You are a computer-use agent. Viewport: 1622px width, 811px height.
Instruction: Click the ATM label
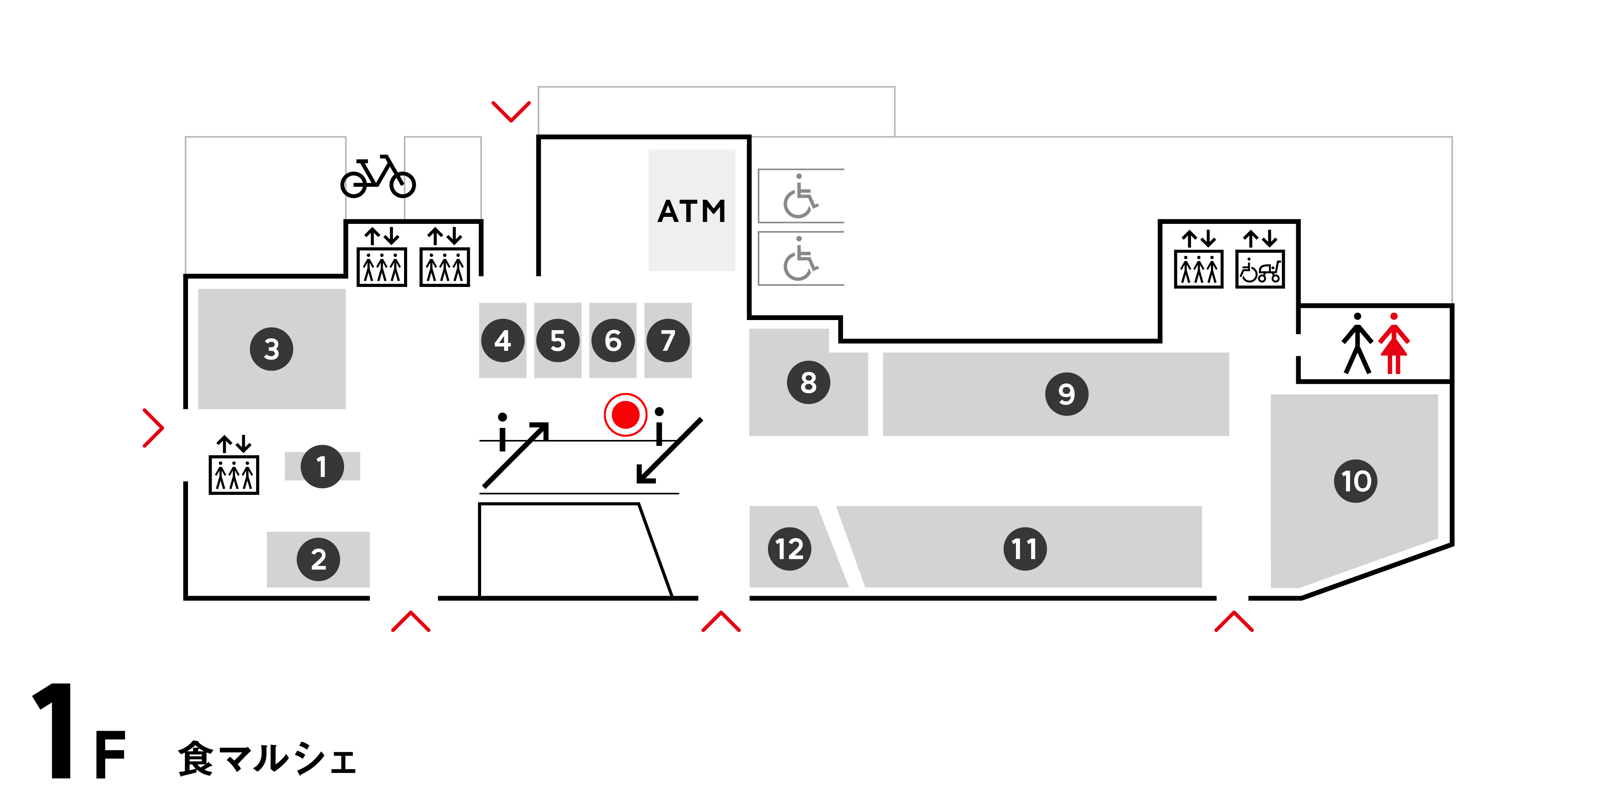click(691, 211)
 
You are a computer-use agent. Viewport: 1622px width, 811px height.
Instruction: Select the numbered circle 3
click(271, 349)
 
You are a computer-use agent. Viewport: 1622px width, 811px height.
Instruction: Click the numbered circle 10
click(1355, 481)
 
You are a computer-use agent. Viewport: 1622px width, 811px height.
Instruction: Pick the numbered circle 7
click(668, 341)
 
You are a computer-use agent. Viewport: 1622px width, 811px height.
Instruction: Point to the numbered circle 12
click(789, 549)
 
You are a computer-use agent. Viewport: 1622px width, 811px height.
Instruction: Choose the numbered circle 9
click(1066, 394)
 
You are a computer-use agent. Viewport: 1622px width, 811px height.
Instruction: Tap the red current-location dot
click(625, 414)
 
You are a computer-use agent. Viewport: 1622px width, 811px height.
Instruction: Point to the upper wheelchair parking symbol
click(800, 197)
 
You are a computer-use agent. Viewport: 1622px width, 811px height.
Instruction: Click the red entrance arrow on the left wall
click(153, 428)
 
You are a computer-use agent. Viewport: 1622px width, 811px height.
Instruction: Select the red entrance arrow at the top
click(511, 111)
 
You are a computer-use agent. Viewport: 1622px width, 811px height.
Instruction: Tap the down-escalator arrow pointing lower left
click(669, 451)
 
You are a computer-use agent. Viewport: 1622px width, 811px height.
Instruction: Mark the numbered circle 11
click(1025, 549)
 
